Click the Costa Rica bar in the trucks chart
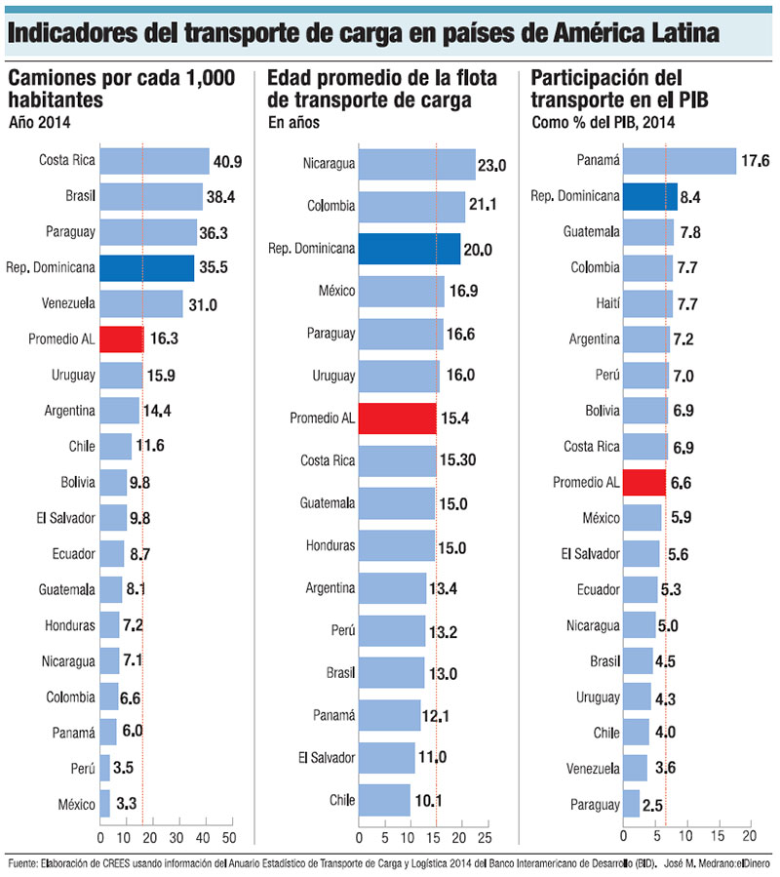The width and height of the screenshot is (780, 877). pyautogui.click(x=155, y=161)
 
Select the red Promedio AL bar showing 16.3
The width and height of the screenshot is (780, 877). pyautogui.click(x=122, y=340)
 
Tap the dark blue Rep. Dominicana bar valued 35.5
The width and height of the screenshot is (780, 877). pyautogui.click(x=148, y=268)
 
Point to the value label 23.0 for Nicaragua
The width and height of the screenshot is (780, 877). pyautogui.click(x=491, y=167)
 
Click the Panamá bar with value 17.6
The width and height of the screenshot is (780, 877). pyautogui.click(x=680, y=161)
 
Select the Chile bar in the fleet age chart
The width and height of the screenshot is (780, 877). pyautogui.click(x=384, y=800)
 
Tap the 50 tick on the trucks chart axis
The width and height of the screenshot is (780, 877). pyautogui.click(x=228, y=838)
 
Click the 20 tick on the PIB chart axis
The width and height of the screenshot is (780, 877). pyautogui.click(x=750, y=838)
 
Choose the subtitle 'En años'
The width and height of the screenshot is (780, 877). pyautogui.click(x=293, y=123)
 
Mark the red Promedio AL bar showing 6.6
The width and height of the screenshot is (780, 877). pyautogui.click(x=643, y=482)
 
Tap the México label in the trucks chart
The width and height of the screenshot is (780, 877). pyautogui.click(x=76, y=804)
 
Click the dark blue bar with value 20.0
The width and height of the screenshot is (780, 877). pyautogui.click(x=409, y=249)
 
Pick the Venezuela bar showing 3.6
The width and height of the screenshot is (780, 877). pyautogui.click(x=635, y=768)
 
